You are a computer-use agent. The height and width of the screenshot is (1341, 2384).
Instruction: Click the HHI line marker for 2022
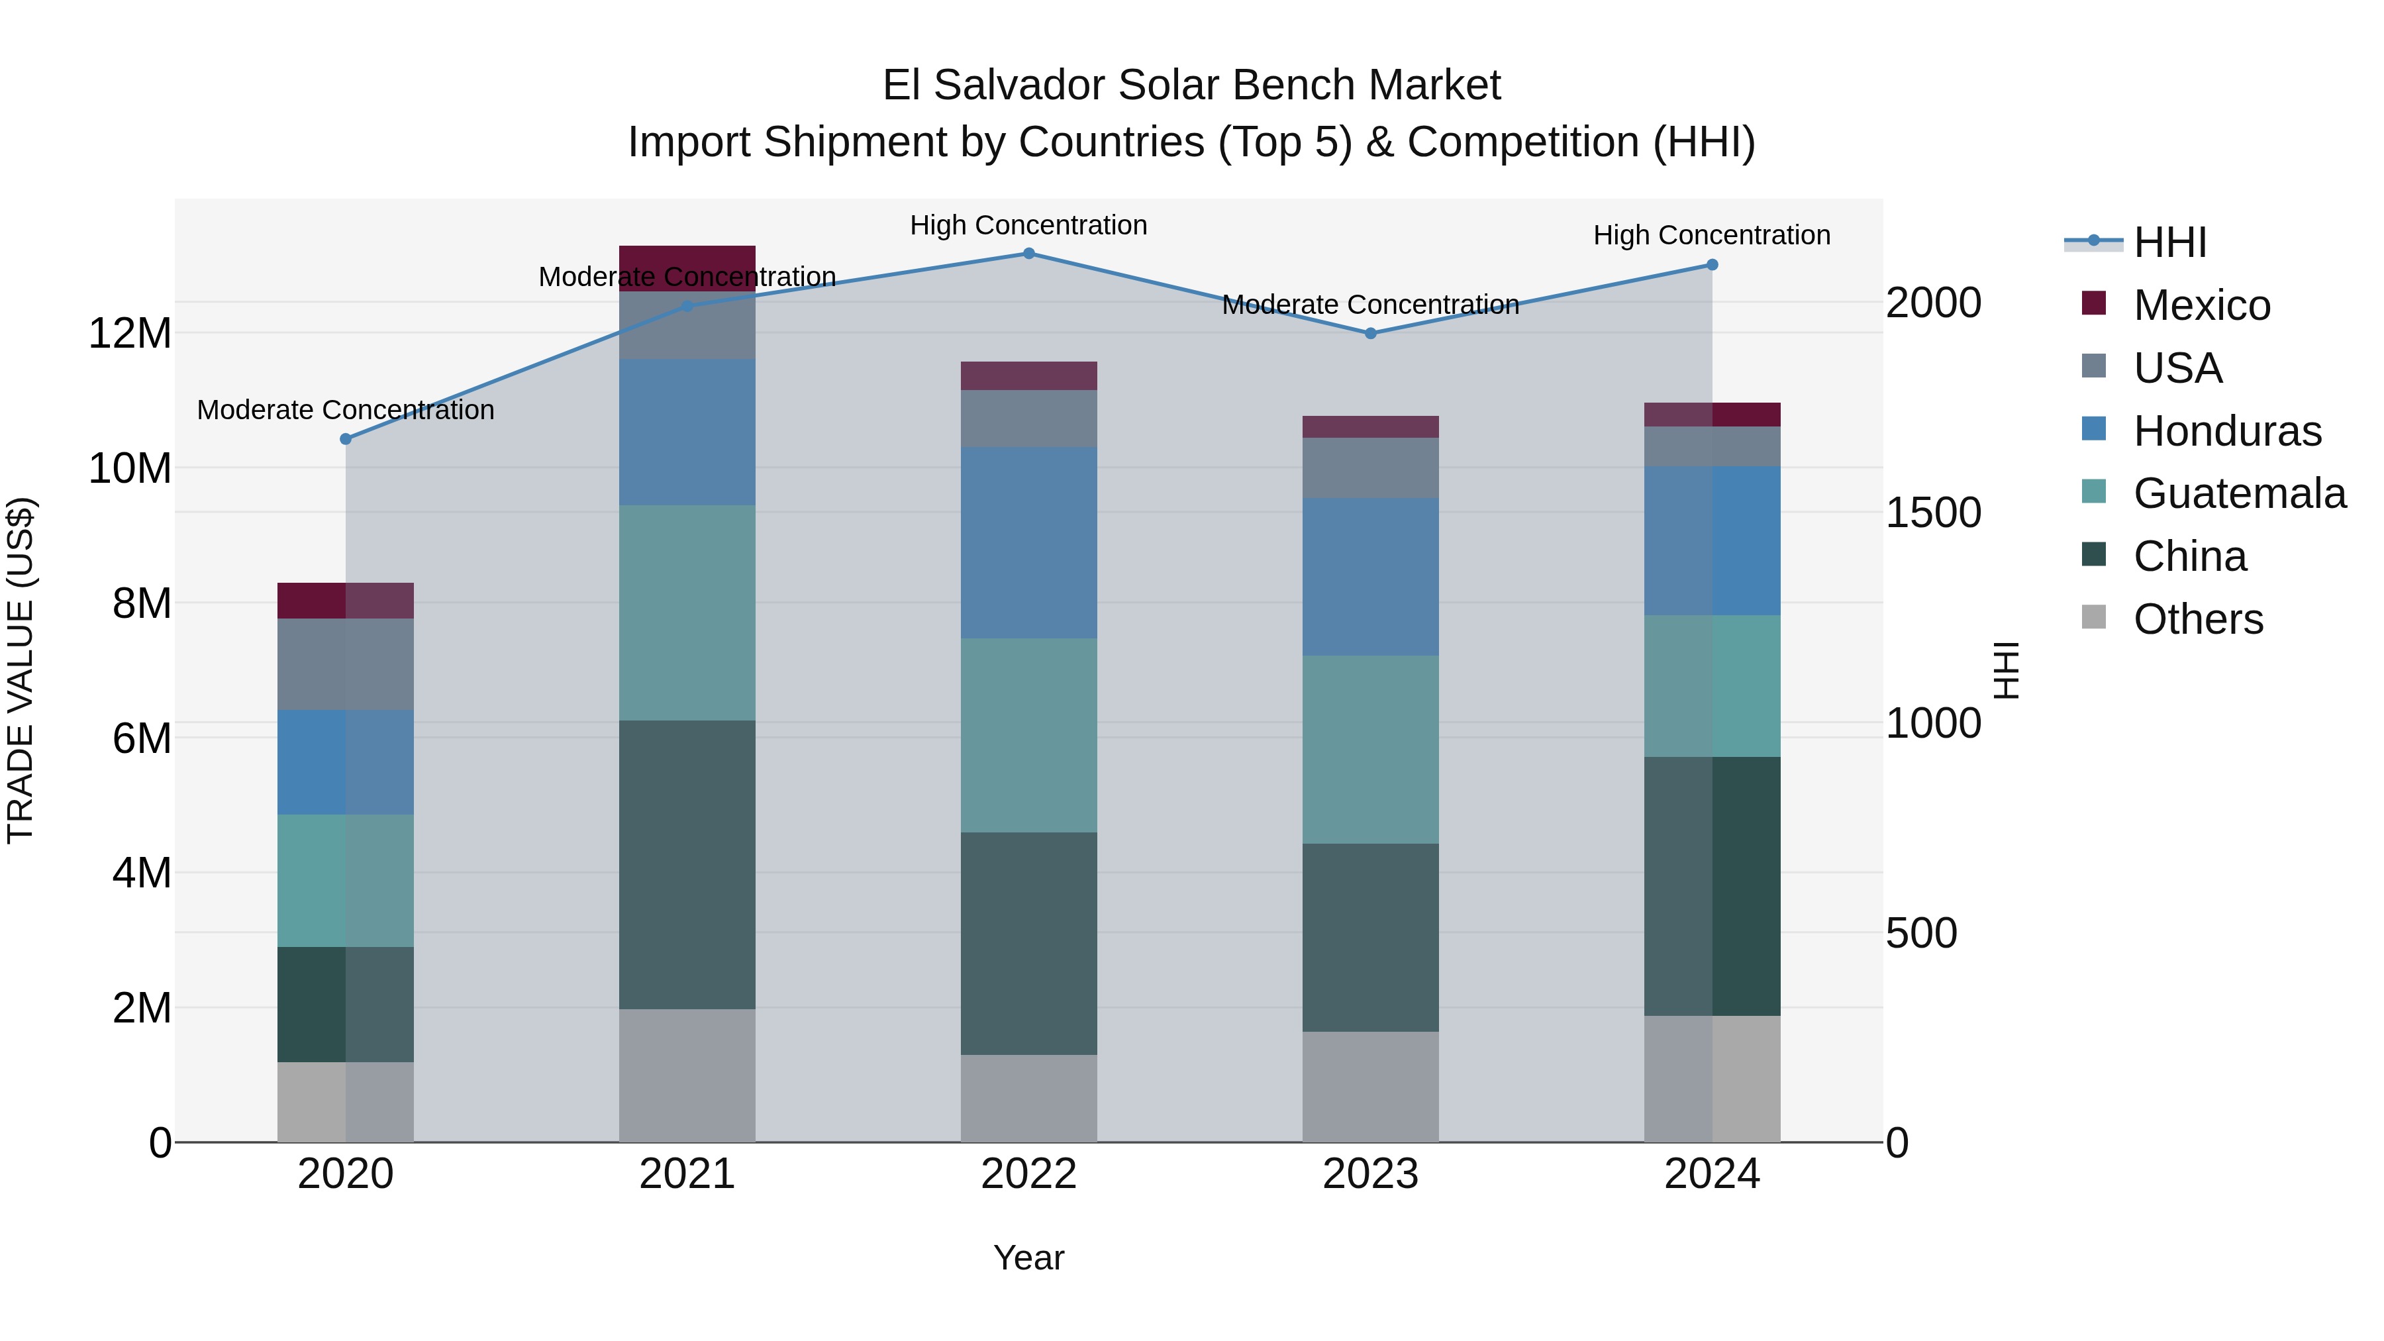click(1028, 254)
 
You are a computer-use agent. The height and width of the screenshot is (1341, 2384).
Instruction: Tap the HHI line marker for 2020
click(345, 438)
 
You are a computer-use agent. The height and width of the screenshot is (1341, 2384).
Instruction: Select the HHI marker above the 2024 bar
click(1711, 265)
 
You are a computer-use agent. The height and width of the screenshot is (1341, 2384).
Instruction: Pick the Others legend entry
click(2197, 619)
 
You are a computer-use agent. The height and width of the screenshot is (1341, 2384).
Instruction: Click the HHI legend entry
click(2169, 242)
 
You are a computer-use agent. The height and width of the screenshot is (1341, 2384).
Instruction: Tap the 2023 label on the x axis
click(1369, 1174)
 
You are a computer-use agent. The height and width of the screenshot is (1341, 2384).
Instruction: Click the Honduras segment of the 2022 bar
click(1028, 542)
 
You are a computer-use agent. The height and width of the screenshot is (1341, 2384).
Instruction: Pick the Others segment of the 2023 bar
click(1369, 1087)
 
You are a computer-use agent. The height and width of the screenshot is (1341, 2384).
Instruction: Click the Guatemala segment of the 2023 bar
click(1369, 750)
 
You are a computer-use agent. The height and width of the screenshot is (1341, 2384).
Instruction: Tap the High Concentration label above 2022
click(1028, 225)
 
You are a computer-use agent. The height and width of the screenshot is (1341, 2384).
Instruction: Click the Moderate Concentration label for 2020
click(345, 410)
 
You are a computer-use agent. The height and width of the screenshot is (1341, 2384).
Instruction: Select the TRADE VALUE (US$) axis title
click(21, 670)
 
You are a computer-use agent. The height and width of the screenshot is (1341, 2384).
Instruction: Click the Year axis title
click(1028, 1258)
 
